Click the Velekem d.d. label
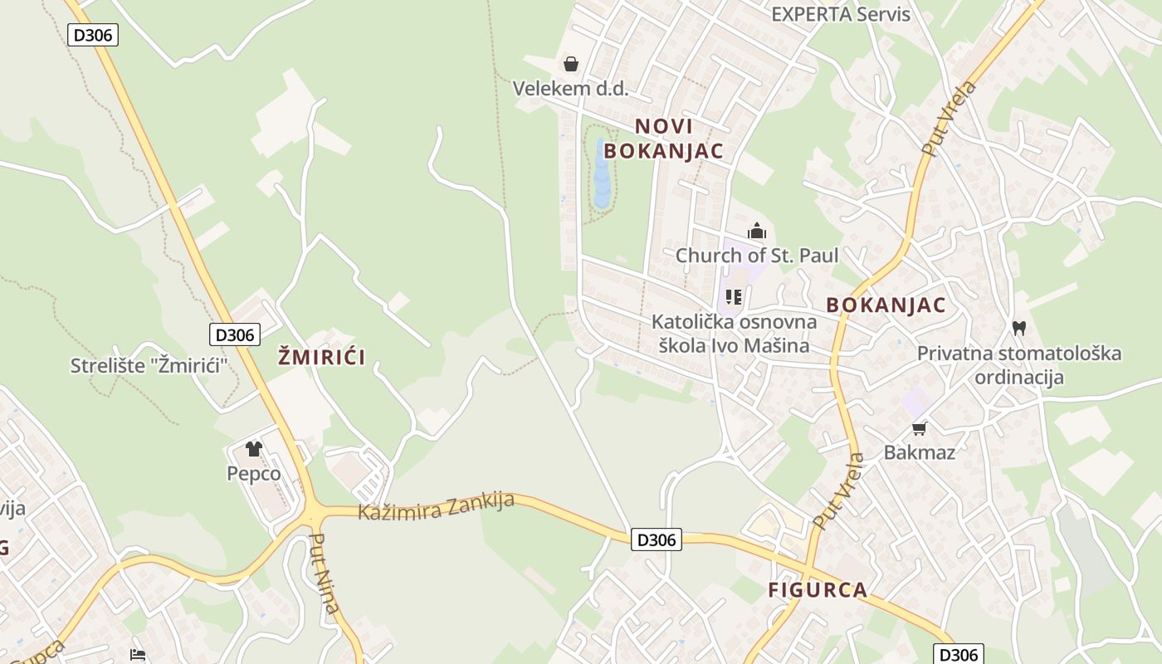coord(570,88)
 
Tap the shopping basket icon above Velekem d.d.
coord(571,64)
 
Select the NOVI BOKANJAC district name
coord(663,139)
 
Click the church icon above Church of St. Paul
coord(756,231)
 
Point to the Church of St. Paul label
coord(756,255)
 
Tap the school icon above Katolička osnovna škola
coord(733,296)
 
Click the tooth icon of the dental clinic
coord(1019,329)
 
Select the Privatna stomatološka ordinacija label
coord(1018,365)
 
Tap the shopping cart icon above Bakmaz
coord(919,428)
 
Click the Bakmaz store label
coord(919,452)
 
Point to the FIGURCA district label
coord(818,590)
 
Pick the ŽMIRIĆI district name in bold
coord(321,358)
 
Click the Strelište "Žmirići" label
coord(149,365)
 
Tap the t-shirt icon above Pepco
coord(254,449)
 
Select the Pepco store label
coord(254,473)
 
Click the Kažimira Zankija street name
coord(436,505)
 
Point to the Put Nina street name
coord(324,573)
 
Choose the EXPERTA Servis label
coord(840,14)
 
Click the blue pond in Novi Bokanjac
coord(602,174)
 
